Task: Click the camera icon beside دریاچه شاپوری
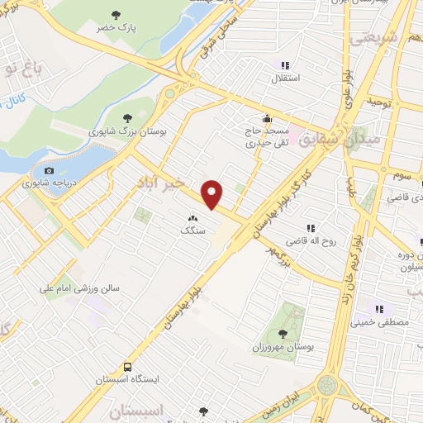tap(49, 171)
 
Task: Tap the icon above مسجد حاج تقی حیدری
tap(265, 117)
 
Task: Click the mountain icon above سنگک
tap(192, 218)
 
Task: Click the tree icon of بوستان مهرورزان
tap(283, 333)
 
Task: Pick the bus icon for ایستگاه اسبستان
tap(127, 366)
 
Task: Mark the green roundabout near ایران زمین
tap(328, 387)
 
